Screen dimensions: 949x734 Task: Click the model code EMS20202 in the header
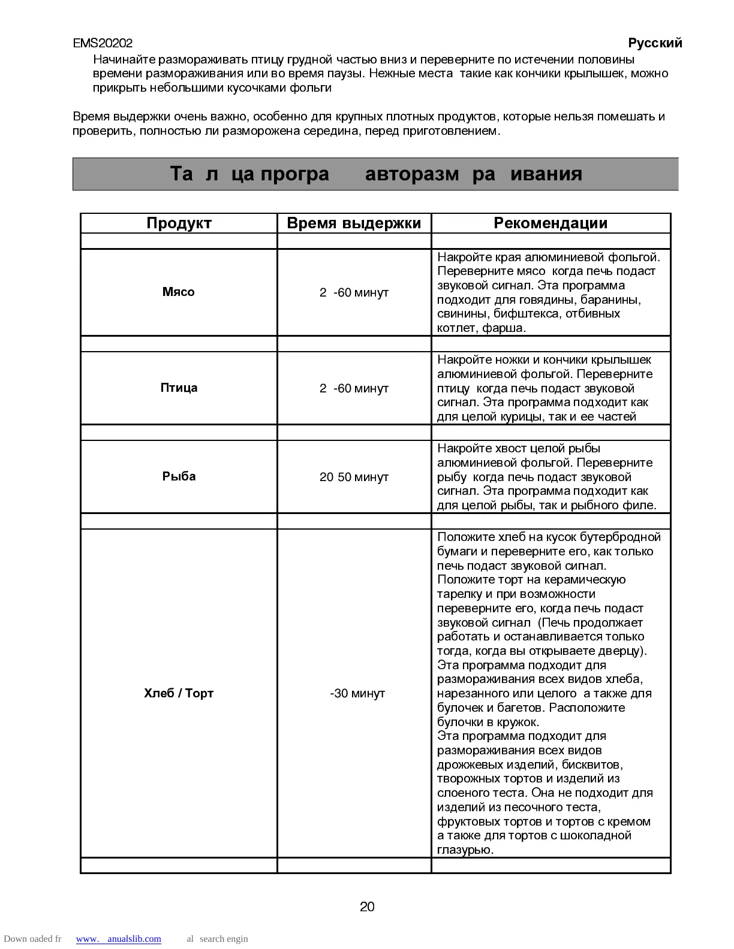(103, 43)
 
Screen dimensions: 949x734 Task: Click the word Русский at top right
(655, 43)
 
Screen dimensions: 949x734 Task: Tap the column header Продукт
(179, 223)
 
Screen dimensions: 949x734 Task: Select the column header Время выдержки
(354, 223)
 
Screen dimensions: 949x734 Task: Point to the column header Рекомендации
(550, 223)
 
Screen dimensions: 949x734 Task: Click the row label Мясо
(179, 292)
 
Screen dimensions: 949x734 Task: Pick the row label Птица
(179, 388)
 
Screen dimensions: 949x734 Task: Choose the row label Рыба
(179, 477)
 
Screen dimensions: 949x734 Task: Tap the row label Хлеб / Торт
(179, 694)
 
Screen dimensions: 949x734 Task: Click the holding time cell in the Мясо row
(354, 293)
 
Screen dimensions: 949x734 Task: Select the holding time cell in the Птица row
(354, 389)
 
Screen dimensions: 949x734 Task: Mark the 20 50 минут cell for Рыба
(354, 477)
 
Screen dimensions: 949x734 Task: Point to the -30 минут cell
(357, 694)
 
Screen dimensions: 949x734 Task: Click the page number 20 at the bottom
(367, 907)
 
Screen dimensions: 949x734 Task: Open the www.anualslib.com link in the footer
(119, 939)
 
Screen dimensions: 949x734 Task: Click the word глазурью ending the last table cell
(465, 850)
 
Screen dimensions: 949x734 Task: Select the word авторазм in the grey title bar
(412, 174)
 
